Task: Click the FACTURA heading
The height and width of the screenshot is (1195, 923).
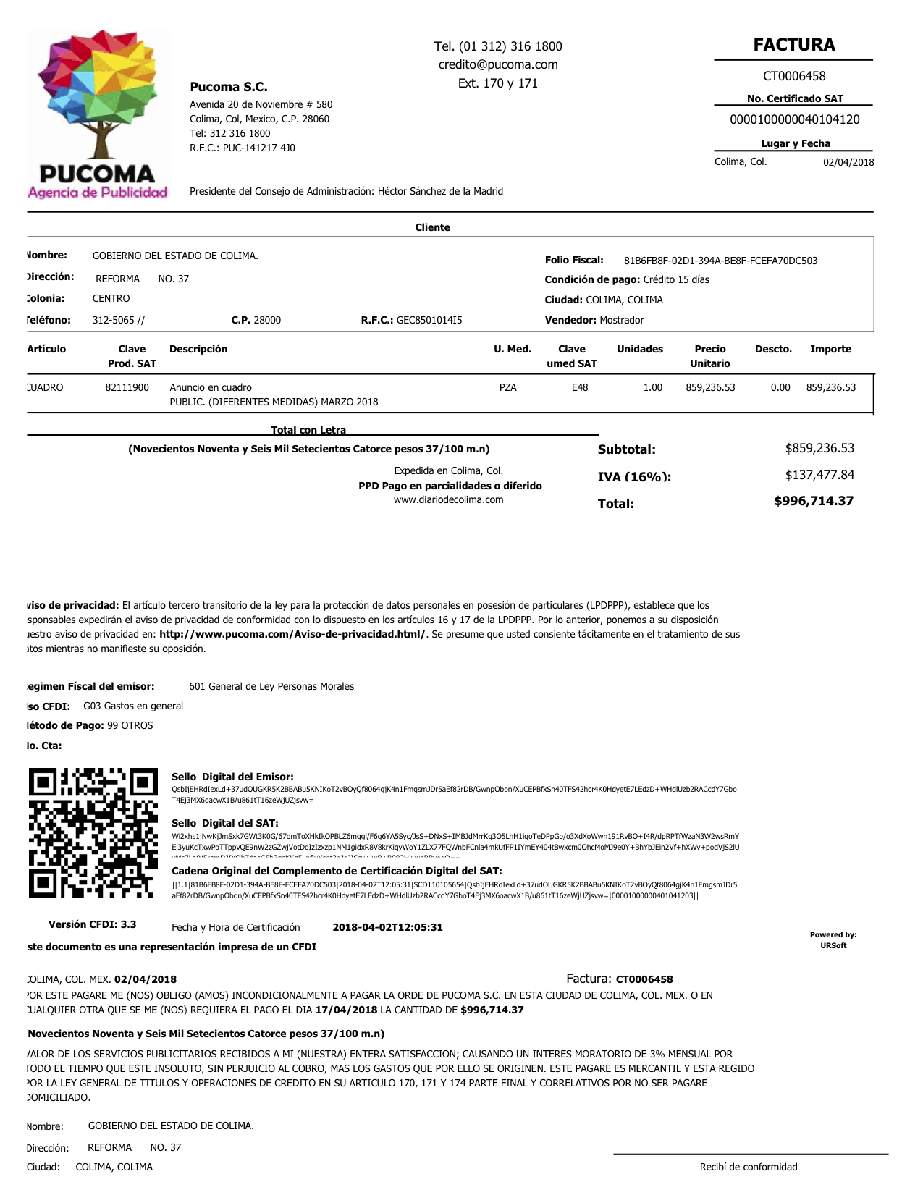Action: coord(794,45)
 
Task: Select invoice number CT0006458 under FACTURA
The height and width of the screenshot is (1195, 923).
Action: coord(794,76)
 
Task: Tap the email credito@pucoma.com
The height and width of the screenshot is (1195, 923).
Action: coord(498,64)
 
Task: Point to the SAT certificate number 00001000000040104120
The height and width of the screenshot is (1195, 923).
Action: coord(795,119)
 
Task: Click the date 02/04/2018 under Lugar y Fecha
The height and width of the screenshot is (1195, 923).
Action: coord(848,162)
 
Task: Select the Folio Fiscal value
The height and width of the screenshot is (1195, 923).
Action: coord(720,261)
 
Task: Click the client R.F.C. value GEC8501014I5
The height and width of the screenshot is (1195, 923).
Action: coord(429,320)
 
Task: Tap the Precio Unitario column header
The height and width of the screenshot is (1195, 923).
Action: coord(709,356)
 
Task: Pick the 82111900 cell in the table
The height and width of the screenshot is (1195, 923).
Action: coord(127,387)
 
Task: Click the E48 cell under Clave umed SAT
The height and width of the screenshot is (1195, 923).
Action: coord(580,387)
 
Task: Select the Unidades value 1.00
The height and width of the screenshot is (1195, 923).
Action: coord(653,387)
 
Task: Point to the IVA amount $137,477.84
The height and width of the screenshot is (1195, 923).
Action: coord(819,475)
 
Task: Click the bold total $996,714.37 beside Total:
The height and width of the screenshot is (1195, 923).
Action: coord(814,501)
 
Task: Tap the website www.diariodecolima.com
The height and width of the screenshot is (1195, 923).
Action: coord(448,499)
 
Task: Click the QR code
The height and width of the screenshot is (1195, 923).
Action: coord(93,832)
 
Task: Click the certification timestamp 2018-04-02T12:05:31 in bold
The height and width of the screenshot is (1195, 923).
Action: coord(387,927)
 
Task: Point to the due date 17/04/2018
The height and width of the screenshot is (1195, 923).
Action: coord(346,1010)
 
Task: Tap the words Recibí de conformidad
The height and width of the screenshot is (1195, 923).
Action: coord(749,1167)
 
